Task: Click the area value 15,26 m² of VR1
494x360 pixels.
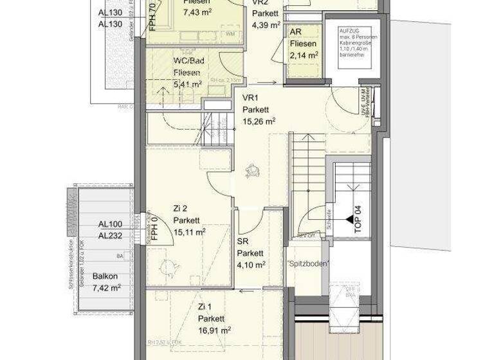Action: point(259,121)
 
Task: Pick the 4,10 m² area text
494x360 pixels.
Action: point(252,264)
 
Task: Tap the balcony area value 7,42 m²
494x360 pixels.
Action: point(106,287)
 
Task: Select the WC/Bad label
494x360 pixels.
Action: point(189,60)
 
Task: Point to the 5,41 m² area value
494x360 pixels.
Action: point(187,84)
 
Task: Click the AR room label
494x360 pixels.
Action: point(296,32)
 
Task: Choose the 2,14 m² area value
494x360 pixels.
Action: point(304,55)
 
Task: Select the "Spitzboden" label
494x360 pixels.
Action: point(309,264)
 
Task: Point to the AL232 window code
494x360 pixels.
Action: point(111,235)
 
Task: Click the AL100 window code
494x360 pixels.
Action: point(111,224)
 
